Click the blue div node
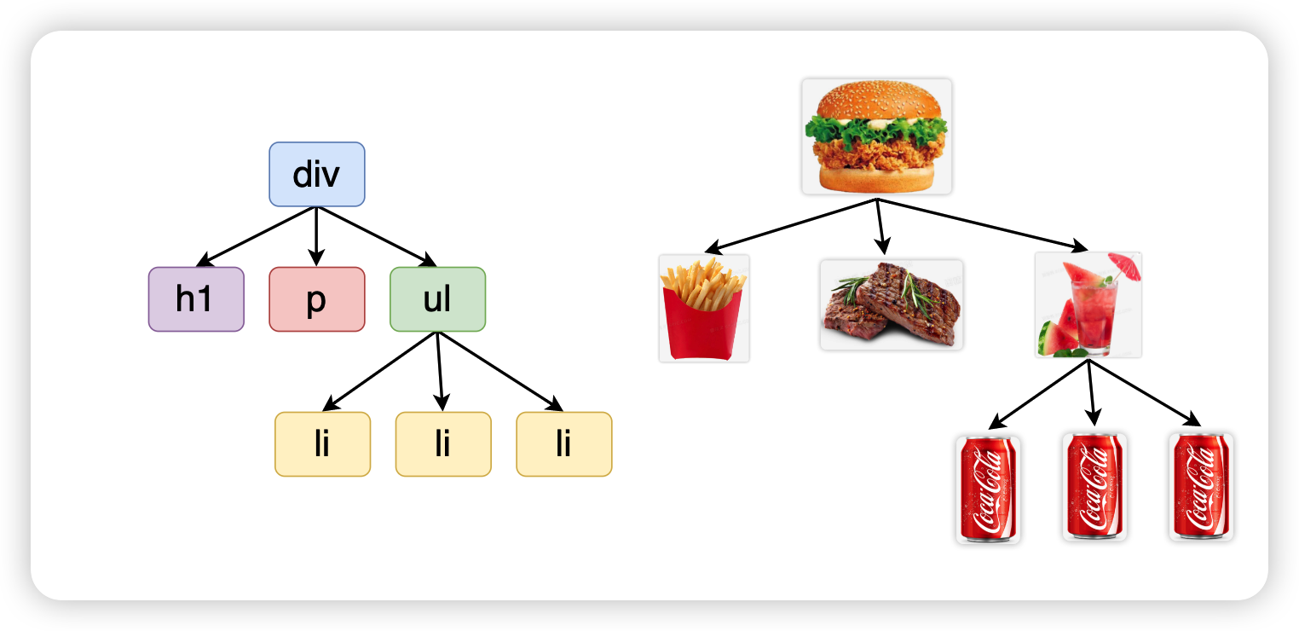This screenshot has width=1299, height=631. (316, 174)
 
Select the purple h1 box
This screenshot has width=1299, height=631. (196, 299)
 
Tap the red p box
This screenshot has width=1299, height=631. (316, 299)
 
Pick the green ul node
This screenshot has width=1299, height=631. (438, 299)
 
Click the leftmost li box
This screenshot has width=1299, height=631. (322, 444)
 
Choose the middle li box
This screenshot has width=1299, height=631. (443, 444)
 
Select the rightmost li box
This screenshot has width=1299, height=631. (564, 444)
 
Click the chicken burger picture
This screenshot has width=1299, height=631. (877, 137)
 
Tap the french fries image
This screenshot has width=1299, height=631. (704, 308)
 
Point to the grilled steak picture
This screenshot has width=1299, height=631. (892, 304)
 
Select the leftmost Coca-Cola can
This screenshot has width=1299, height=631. (988, 489)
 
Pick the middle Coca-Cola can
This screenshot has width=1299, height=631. (1095, 487)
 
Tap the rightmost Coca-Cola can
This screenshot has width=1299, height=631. (1202, 487)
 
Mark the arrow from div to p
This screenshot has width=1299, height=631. (316, 237)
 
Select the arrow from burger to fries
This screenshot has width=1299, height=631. (791, 226)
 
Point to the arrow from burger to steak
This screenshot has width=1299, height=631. (880, 227)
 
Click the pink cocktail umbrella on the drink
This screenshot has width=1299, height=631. (1125, 266)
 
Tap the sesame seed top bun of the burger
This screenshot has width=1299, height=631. (879, 100)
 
